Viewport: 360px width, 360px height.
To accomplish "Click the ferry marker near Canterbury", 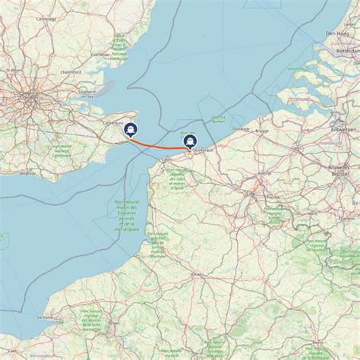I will coord(131,130).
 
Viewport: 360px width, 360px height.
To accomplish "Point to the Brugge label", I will coord(262,130).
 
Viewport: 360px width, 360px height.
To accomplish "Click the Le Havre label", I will coord(46,317).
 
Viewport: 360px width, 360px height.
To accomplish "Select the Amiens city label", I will coord(197,274).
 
